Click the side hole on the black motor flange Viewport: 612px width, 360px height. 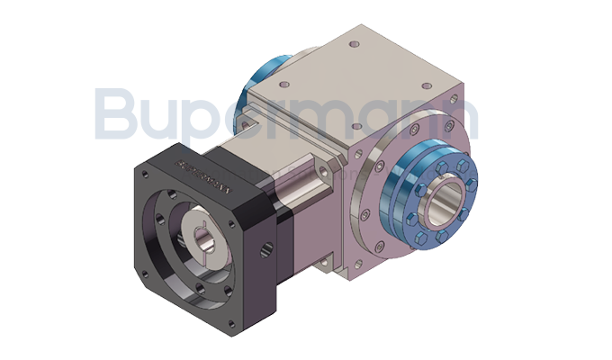point(263,244)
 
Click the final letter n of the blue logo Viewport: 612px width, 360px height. point(457,121)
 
